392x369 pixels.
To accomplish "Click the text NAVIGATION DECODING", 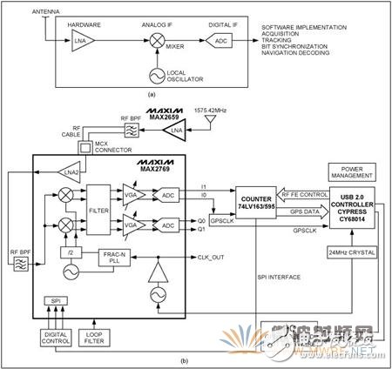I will coord(299,62).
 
